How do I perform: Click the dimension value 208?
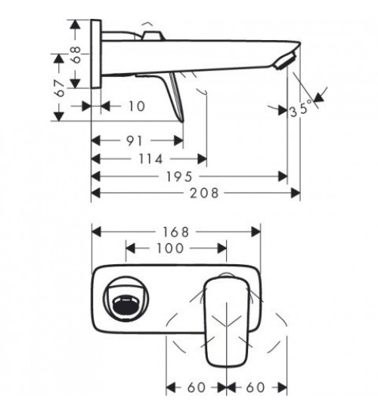pyautogui.click(x=204, y=193)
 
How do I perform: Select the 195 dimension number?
pyautogui.click(x=179, y=177)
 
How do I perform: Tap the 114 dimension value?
pyautogui.click(x=150, y=159)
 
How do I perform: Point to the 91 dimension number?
pyautogui.click(x=135, y=141)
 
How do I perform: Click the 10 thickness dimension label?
pyautogui.click(x=137, y=106)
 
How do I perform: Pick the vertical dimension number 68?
pyautogui.click(x=76, y=54)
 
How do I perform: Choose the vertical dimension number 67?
pyautogui.click(x=60, y=88)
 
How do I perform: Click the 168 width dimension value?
pyautogui.click(x=175, y=232)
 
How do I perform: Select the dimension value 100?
pyautogui.click(x=170, y=248)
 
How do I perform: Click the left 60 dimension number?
pyautogui.click(x=197, y=388)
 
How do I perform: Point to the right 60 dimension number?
pyautogui.click(x=256, y=388)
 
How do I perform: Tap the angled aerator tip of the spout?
pyautogui.click(x=286, y=60)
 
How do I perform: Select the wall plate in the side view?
pyautogui.click(x=96, y=54)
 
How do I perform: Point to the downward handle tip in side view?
pyautogui.click(x=182, y=121)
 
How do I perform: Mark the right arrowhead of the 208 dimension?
pyautogui.click(x=296, y=193)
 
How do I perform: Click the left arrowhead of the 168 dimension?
pyautogui.click(x=96, y=232)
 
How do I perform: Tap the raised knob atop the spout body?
pyautogui.click(x=152, y=36)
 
